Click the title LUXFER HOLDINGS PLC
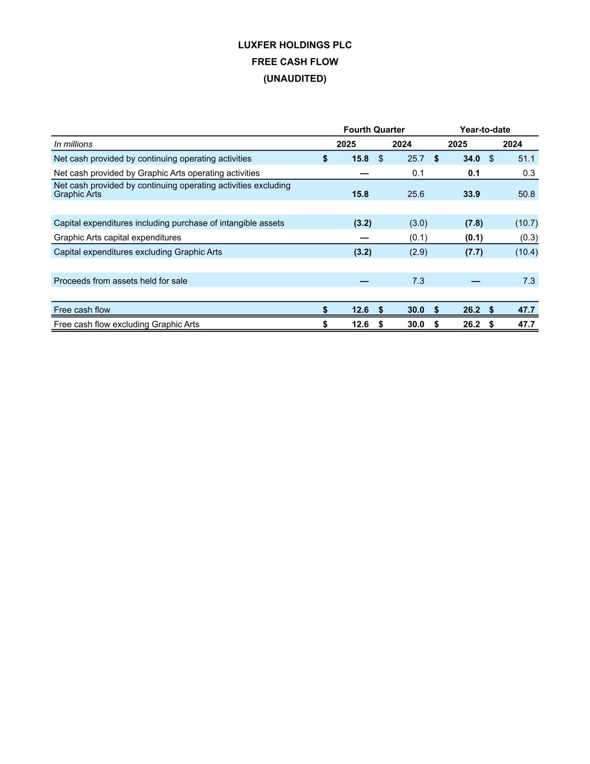point(295,45)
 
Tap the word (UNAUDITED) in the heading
point(295,79)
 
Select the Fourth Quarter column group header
point(374,130)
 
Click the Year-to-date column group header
point(485,130)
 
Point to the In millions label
point(73,144)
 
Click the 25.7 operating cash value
point(416,159)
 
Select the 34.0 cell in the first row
point(471,159)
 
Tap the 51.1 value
point(526,159)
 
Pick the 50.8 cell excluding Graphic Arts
point(526,194)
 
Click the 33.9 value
point(471,194)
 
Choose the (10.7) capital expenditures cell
point(526,223)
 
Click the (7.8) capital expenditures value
point(474,223)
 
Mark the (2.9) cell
point(418,252)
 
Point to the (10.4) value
point(526,252)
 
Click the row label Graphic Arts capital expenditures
point(117,238)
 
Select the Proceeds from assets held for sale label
point(120,281)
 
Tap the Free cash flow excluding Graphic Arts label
point(126,325)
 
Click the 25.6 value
point(416,194)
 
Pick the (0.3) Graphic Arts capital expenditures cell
point(528,238)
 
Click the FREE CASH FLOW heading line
point(295,62)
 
